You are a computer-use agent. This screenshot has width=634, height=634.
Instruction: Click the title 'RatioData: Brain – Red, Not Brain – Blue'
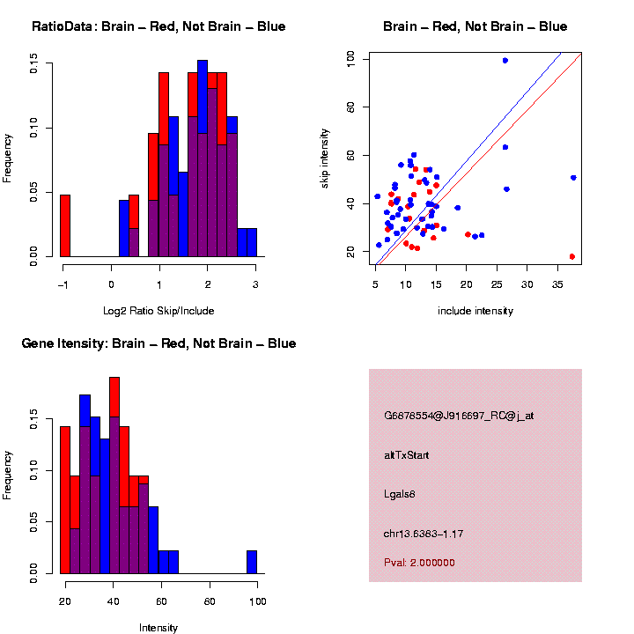[x=158, y=26]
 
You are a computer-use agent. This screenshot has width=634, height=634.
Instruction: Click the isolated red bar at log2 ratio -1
[x=65, y=225]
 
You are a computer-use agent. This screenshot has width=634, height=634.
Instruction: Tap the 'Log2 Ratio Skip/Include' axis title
[x=159, y=311]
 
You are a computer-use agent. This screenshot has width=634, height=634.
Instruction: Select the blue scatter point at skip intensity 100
[x=505, y=61]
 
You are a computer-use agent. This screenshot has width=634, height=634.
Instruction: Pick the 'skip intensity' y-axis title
[x=325, y=157]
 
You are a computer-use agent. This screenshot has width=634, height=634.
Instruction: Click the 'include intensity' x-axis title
[x=475, y=311]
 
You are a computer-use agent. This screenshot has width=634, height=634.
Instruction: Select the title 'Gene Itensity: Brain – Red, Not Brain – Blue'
[x=158, y=343]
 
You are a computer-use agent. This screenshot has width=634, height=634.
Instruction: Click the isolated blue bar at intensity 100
[x=252, y=562]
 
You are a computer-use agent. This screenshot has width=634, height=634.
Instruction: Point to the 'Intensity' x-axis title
[x=158, y=628]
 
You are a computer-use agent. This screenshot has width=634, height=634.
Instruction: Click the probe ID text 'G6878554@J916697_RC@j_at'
[x=458, y=415]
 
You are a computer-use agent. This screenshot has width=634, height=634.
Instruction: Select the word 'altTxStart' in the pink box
[x=407, y=455]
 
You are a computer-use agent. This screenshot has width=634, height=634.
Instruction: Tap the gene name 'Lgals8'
[x=400, y=494]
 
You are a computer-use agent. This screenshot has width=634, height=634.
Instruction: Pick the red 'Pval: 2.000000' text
[x=419, y=563]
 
